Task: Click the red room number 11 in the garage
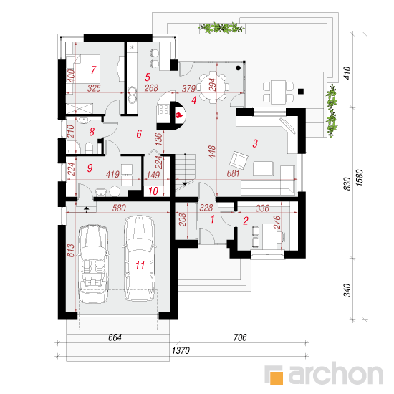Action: [x=140, y=265]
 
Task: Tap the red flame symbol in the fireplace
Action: [x=179, y=115]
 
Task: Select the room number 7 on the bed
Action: [x=93, y=69]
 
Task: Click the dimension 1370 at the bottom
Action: [x=181, y=350]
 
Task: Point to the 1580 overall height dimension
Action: [x=360, y=178]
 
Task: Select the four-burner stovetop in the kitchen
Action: [x=163, y=110]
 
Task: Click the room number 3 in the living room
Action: [x=255, y=143]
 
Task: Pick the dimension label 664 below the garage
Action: [x=115, y=337]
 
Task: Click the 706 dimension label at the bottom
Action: [x=240, y=337]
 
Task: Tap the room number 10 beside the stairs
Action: [x=153, y=191]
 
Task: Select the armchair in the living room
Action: [x=239, y=160]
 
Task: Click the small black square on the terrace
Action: [x=301, y=91]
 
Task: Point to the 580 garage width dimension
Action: [x=119, y=208]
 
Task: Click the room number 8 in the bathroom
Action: [x=92, y=132]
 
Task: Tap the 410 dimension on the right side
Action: [x=347, y=73]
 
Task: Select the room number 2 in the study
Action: [x=246, y=221]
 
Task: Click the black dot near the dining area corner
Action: [x=239, y=68]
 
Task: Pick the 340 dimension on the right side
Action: [x=347, y=290]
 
